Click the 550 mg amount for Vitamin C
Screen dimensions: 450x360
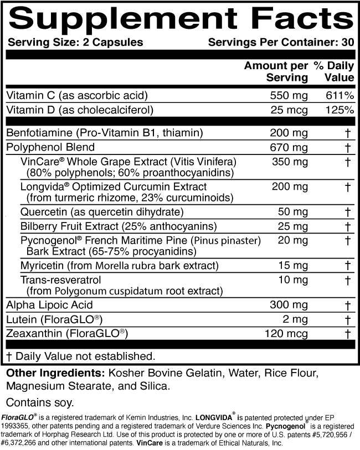(289, 96)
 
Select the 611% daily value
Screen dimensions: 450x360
(340, 96)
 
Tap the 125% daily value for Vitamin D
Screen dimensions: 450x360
(340, 110)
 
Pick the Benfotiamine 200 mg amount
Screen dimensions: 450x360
(289, 133)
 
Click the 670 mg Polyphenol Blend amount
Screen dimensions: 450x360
(289, 147)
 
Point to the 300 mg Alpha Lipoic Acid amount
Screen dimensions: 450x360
(289, 305)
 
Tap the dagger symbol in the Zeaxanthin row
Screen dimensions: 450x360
(348, 333)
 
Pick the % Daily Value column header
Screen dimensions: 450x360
(334, 72)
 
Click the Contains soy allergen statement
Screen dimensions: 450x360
(40, 401)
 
